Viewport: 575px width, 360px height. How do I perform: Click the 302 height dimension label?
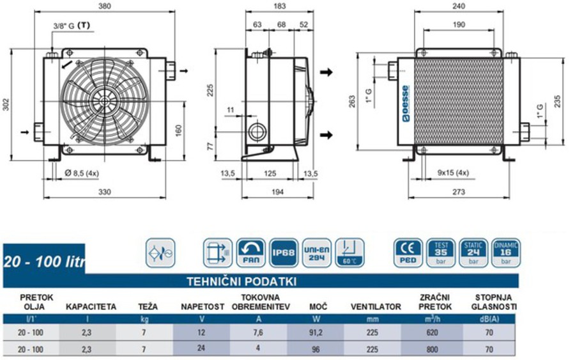[7, 104]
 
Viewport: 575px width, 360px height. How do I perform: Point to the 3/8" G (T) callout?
[71, 26]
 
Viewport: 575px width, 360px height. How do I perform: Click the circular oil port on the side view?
[259, 132]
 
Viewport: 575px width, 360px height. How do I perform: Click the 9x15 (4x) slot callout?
[453, 173]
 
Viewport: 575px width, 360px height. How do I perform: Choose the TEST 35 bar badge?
[441, 252]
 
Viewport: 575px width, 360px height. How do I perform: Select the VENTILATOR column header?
[376, 307]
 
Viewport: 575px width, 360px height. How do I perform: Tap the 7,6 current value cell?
[259, 333]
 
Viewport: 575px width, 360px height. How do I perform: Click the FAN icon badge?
[251, 252]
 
